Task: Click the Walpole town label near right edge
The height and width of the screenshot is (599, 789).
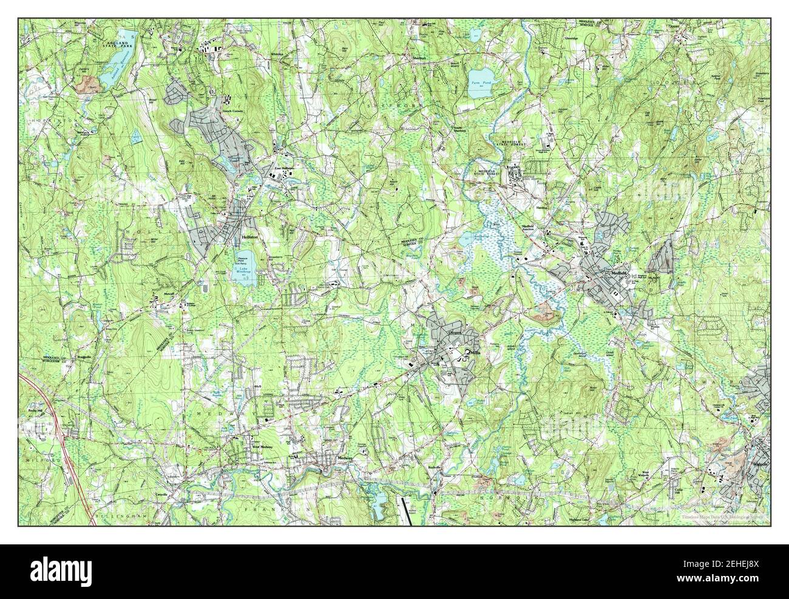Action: point(760,464)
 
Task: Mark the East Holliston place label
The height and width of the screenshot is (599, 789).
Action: point(283,168)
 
